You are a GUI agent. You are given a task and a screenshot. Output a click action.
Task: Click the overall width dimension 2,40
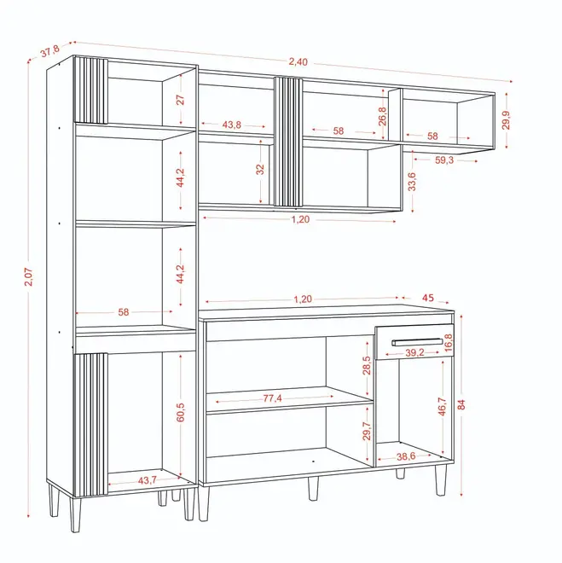point(298,61)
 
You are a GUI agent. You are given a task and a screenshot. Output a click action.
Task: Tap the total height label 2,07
point(28,276)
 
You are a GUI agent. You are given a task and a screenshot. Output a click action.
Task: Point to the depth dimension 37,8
point(49,51)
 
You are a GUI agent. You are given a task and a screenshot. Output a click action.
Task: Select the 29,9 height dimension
point(506,120)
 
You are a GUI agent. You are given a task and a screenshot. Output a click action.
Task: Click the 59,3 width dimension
point(444,160)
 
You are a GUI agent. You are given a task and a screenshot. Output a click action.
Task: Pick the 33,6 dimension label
point(412,182)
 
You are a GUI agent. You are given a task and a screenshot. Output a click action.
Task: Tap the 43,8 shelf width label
point(231,125)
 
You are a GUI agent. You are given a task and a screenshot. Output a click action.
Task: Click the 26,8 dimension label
point(383,116)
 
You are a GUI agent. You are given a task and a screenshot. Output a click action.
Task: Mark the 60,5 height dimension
point(181,412)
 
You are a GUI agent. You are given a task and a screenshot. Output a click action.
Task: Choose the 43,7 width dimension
point(148,479)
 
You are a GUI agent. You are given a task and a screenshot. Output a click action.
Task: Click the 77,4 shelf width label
point(272,398)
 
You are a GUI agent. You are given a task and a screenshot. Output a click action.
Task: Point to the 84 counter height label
point(461,404)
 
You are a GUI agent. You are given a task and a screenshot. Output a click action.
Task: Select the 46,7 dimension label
point(442,406)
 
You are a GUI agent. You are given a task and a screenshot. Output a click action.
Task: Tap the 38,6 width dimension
point(406,456)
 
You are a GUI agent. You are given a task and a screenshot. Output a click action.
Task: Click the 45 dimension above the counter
point(428,298)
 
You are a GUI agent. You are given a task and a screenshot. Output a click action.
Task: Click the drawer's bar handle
point(417,342)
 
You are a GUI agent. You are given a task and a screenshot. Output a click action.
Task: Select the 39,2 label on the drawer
point(414,352)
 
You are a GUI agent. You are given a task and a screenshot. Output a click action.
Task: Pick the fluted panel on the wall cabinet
point(288,142)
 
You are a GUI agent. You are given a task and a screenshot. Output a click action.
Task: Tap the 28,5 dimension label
point(367,365)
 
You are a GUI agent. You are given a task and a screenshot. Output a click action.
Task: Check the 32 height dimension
point(260,169)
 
